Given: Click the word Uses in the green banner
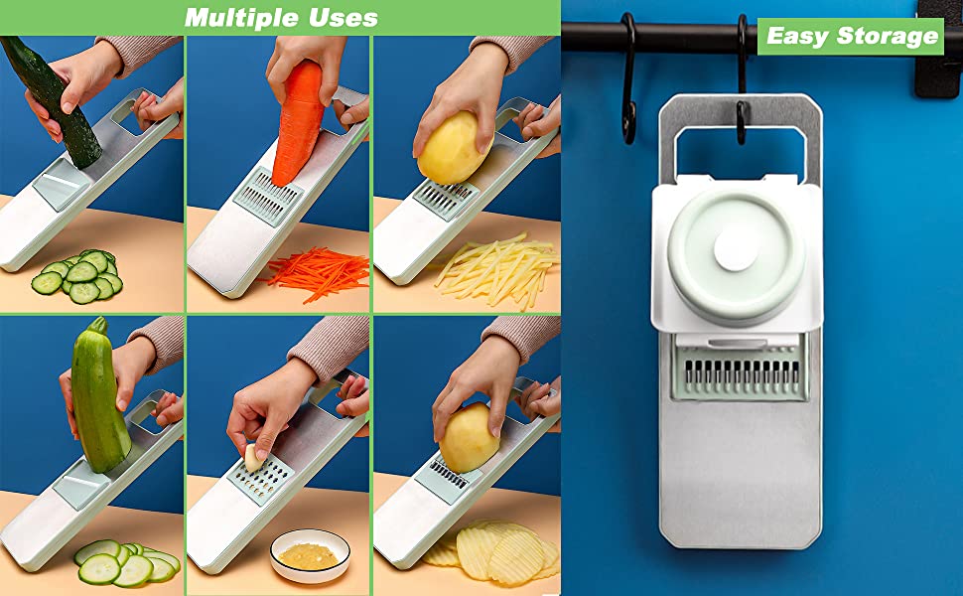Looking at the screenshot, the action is (x=343, y=17).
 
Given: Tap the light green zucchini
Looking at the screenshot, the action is (x=99, y=395).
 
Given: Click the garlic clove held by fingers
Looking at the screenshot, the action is (x=253, y=458).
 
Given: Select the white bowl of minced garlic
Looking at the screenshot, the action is (x=311, y=555).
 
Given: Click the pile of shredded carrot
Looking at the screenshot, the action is (x=317, y=273).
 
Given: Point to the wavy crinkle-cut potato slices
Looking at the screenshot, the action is (x=492, y=551).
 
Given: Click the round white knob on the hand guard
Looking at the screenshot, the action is (x=736, y=250).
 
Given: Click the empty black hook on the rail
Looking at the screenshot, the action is (x=628, y=78).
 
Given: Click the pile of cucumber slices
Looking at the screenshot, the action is (x=78, y=276).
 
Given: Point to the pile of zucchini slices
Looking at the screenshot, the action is (x=126, y=562).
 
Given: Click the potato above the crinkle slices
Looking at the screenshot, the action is (x=469, y=438).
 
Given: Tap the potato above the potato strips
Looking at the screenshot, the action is (x=454, y=148).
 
